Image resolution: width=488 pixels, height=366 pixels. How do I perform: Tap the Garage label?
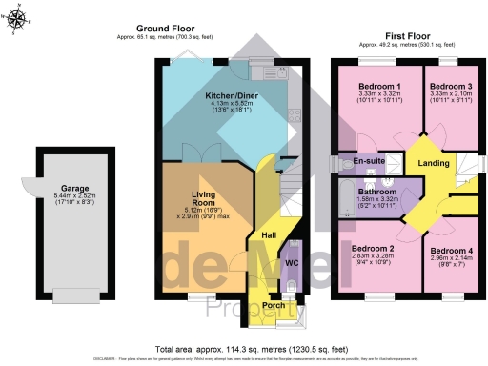[75, 189]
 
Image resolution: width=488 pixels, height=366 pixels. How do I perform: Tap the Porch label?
[274, 307]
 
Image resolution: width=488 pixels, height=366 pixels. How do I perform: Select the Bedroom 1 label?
[372, 86]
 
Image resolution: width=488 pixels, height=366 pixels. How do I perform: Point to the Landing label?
[434, 163]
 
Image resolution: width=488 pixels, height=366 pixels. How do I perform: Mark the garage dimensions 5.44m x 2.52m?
[75, 196]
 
